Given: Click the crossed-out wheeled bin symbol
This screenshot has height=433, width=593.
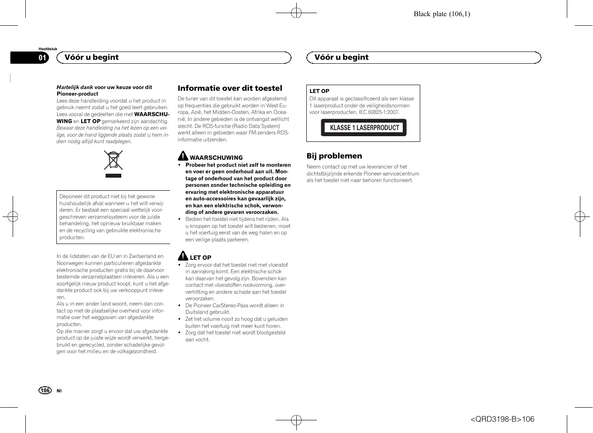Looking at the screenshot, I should pos(113,160).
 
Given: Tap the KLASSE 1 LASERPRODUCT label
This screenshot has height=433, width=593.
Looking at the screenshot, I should pos(364,127).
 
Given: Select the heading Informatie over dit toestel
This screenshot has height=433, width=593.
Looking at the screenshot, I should pos(230,88).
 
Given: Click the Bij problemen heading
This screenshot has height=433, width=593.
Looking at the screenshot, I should pos(334,156).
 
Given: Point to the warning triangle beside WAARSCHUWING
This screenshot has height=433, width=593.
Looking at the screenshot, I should pos(183,156).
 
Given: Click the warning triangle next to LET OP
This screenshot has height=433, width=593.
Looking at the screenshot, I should pos(183,256).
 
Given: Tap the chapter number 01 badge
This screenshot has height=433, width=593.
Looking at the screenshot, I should pos(42,58).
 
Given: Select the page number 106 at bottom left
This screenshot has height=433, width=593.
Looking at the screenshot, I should pos(45,390).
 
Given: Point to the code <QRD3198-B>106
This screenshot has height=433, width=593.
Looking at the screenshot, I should pos(502,419).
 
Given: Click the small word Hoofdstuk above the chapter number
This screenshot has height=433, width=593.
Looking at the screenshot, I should pos(48,49).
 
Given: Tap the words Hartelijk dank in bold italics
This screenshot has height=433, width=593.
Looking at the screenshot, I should pos(75,87).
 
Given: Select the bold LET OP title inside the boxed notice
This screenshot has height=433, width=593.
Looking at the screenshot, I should pos(319,91).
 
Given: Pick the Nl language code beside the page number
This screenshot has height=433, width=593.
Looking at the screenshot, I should pos(59,391).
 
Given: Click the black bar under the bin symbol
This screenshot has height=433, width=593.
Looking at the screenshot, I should pos(113,175).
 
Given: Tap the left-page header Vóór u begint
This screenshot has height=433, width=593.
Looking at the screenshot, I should pos(92,57).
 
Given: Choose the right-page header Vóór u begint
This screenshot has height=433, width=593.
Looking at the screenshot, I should pos(341,57).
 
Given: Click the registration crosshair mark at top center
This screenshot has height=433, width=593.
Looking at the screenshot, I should pos(296,13).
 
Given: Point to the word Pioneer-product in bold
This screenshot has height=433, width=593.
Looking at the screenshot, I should pos(77,94).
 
